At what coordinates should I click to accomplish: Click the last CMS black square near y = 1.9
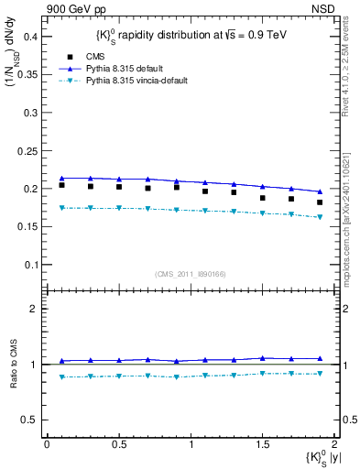pyautogui.click(x=320, y=202)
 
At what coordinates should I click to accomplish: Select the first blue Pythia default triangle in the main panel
pyautogui.click(x=61, y=179)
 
